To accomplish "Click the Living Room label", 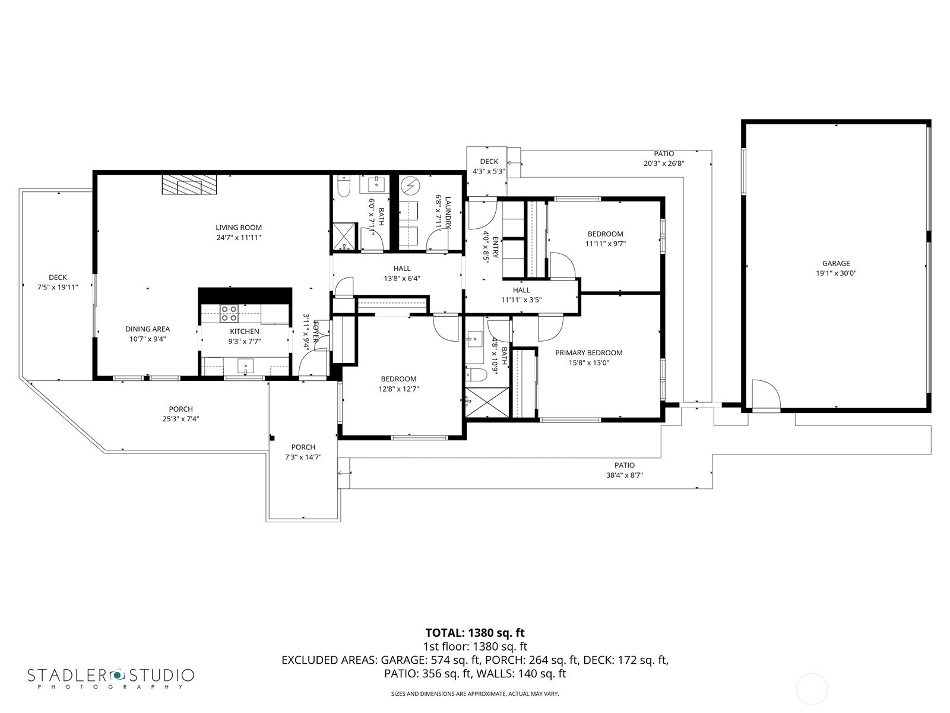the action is [239, 228].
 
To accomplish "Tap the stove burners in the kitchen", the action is [229, 314].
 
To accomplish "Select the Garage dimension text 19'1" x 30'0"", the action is [836, 273].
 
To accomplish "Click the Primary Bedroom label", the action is [588, 353].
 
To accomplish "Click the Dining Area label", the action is [148, 329].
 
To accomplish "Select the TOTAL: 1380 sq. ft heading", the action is [475, 633].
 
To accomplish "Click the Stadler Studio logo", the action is [111, 677].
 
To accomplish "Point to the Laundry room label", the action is [448, 213].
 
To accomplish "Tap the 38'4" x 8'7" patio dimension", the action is [625, 475].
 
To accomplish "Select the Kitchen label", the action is [245, 331].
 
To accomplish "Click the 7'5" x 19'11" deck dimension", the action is [58, 287].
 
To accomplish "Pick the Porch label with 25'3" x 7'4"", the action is [181, 409].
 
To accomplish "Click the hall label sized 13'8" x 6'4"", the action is [402, 269].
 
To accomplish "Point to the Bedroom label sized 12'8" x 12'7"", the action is [398, 379].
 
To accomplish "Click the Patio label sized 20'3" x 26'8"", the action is [664, 154].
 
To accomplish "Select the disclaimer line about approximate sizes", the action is [475, 694].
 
